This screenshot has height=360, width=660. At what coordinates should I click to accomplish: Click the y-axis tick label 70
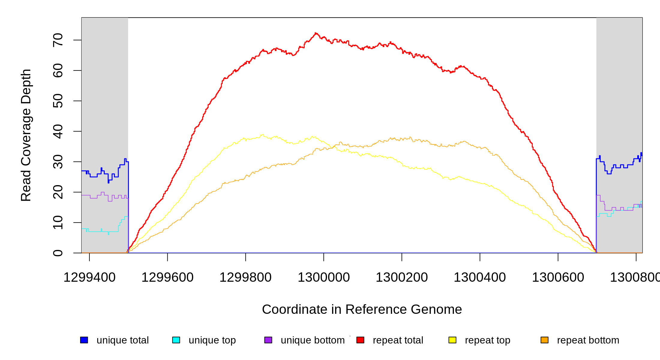(x=58, y=40)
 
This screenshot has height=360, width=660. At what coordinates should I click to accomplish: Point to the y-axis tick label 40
(x=58, y=131)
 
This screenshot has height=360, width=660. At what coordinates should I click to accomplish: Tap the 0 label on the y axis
(x=58, y=253)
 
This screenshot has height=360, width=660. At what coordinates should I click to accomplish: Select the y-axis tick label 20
(x=58, y=192)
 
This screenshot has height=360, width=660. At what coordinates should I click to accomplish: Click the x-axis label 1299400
(x=89, y=277)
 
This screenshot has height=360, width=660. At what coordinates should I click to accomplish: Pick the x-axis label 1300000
(x=324, y=277)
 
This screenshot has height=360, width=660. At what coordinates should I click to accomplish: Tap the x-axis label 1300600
(x=558, y=277)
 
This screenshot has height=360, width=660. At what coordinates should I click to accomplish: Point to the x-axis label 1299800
(x=245, y=277)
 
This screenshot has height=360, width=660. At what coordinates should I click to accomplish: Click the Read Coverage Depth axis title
(x=26, y=135)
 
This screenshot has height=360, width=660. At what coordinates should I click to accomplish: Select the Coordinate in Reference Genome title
(x=362, y=309)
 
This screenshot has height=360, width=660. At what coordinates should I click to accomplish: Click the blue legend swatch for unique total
(x=84, y=340)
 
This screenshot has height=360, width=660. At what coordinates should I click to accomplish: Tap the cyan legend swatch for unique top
(x=176, y=340)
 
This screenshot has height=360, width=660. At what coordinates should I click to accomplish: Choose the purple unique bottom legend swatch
(x=268, y=340)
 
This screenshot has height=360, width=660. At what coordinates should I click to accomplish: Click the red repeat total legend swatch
(x=360, y=340)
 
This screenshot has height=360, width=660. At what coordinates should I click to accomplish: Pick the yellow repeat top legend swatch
(x=452, y=340)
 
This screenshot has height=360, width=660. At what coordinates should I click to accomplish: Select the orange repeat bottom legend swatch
(x=544, y=340)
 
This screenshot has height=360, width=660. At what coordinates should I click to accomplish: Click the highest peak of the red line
(x=316, y=33)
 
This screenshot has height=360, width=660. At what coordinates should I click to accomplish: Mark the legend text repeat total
(x=398, y=340)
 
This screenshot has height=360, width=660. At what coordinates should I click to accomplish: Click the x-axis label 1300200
(x=402, y=277)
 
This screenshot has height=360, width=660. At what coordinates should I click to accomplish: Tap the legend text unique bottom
(x=313, y=340)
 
